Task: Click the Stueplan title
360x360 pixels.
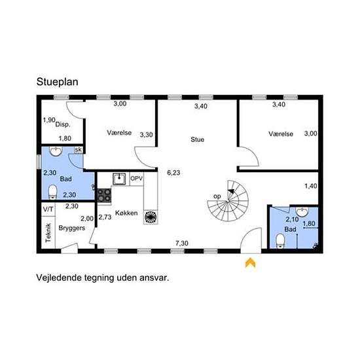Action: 58,82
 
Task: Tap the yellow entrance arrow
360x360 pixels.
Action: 250,262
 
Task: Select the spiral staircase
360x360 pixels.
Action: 228,201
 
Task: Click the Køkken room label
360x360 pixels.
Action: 126,213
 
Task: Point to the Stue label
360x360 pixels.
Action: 198,139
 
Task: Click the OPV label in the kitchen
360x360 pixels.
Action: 137,179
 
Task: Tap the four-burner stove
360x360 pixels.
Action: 105,196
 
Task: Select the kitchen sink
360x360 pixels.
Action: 119,179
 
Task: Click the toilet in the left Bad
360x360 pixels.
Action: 52,192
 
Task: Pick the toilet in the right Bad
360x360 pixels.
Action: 280,241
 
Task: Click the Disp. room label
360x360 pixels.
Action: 63,124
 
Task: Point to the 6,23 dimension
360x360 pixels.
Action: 173,173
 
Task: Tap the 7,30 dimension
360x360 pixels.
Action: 182,243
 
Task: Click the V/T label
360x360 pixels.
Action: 48,209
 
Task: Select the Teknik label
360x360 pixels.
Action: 48,233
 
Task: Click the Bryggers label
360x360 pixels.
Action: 72,228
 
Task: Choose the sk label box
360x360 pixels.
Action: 79,150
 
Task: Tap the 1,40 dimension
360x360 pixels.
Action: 311,186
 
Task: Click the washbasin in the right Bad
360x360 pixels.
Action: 302,212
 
